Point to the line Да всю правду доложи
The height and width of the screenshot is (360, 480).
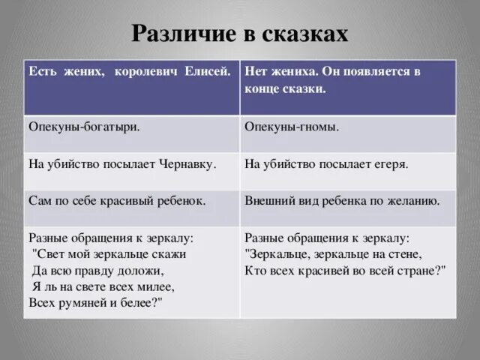click(97, 270)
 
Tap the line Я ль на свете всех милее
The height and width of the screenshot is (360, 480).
click(103, 286)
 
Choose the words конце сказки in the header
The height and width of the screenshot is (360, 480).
click(285, 88)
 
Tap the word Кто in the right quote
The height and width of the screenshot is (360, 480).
click(256, 270)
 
